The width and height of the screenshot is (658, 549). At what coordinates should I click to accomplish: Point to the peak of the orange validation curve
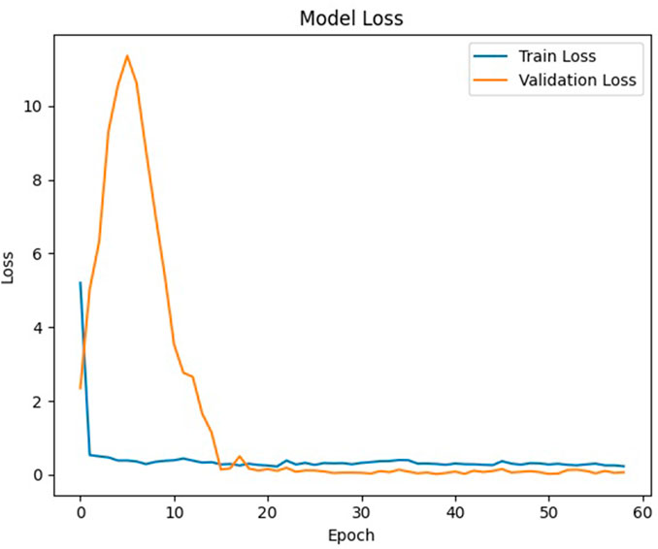[127, 55]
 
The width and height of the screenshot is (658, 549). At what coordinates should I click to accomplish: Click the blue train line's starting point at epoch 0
[81, 282]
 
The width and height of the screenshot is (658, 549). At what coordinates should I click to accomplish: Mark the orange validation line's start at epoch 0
[81, 388]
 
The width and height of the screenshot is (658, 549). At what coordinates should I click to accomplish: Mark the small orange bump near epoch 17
[240, 456]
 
